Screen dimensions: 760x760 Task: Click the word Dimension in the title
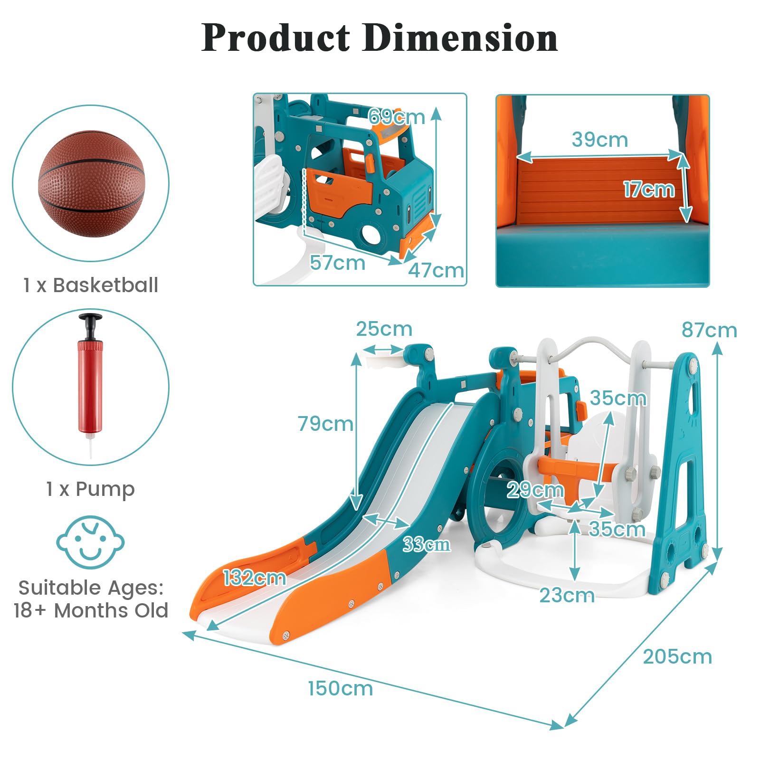point(460,38)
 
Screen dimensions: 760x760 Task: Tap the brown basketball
point(91,183)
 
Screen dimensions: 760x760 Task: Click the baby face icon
point(90,542)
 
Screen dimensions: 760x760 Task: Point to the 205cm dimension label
point(677,656)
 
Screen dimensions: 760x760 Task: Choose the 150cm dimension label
point(340,688)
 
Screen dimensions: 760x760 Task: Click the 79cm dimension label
point(325,423)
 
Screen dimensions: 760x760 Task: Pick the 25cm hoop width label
point(384,329)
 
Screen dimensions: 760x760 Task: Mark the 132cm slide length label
point(255,578)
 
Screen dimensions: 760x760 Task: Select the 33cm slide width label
point(427,544)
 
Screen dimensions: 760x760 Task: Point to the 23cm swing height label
point(567,595)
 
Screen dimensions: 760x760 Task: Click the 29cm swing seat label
point(535,490)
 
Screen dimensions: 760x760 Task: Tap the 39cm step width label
point(599,139)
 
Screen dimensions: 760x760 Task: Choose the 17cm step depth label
point(649,189)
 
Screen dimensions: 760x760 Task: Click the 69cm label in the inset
point(397,116)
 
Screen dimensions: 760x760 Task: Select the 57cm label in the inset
point(337,262)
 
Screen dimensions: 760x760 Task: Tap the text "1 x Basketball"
point(91,285)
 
